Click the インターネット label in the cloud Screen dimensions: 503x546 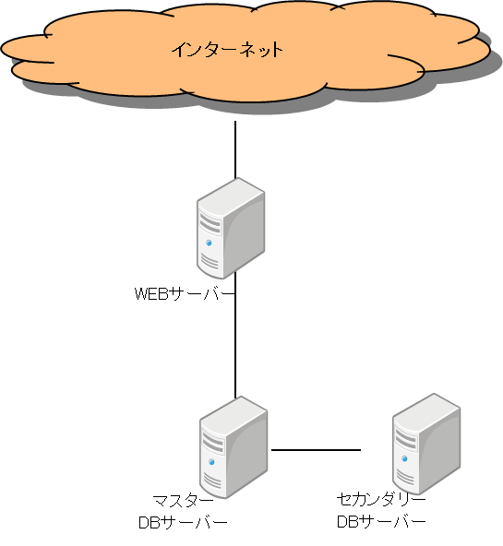pos(227,50)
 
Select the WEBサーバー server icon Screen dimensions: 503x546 pos(231,228)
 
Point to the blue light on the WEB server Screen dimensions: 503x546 pos(209,243)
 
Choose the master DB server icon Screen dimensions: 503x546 pos(234,446)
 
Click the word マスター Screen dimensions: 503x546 pos(184,501)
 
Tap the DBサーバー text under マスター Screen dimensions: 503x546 pos(183,523)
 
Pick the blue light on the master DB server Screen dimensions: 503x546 pos(211,462)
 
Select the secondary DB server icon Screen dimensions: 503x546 pos(426,444)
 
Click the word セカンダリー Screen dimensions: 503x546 pos(381,499)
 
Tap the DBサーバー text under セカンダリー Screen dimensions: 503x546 pos(381,522)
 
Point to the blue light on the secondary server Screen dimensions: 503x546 pos(404,458)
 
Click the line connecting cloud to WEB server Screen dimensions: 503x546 pos(235,149)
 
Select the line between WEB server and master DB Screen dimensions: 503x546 pos(235,335)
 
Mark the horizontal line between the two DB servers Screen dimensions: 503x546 pos(316,450)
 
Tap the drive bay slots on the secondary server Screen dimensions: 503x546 pos(406,439)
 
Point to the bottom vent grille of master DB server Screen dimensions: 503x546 pos(212,481)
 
